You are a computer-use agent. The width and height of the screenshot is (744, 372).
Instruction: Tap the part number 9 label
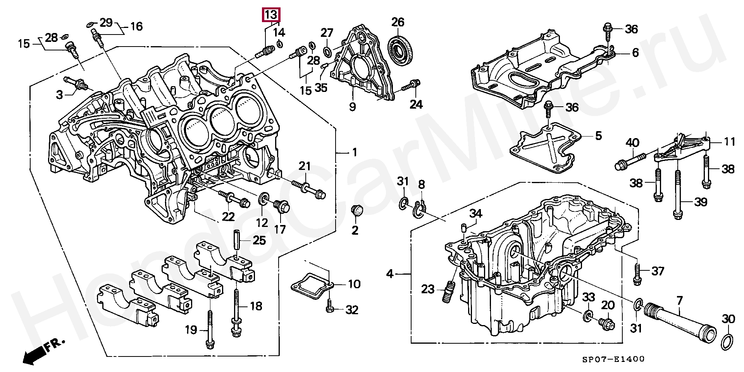click(x=352, y=106)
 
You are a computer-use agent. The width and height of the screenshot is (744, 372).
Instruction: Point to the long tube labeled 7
click(x=674, y=325)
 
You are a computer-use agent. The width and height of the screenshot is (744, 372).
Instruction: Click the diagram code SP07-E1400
click(x=615, y=359)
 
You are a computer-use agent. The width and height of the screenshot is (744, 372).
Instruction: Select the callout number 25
click(x=259, y=241)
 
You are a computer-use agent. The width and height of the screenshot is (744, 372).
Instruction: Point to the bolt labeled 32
click(x=330, y=309)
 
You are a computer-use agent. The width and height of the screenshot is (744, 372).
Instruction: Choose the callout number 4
click(x=390, y=274)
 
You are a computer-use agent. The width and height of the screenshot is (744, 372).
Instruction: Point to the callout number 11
click(x=730, y=142)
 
